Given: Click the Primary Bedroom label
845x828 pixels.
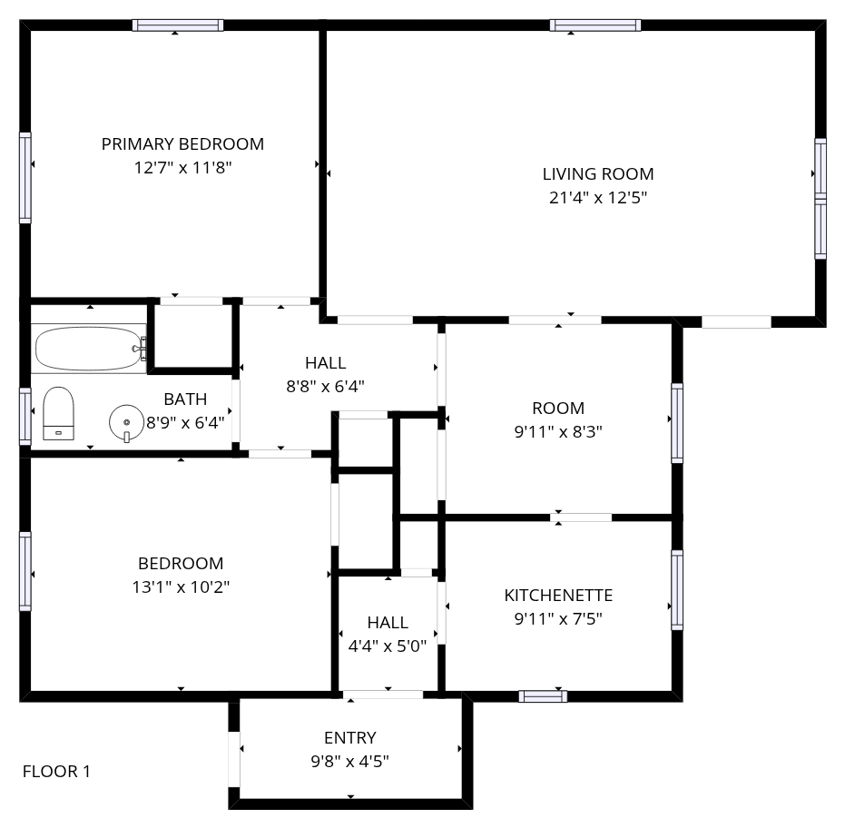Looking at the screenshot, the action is [182, 144].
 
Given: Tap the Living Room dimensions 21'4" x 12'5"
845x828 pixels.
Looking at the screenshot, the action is [597, 198].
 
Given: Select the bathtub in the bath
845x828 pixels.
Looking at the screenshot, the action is [90, 349].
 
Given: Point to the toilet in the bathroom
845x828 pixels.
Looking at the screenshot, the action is [58, 413].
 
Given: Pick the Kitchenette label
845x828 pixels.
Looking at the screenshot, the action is [558, 596].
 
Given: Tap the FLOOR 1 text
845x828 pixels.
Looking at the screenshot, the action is [56, 772].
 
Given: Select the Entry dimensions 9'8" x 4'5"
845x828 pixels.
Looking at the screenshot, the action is [349, 761].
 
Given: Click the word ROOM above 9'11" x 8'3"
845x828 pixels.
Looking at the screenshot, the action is [558, 408].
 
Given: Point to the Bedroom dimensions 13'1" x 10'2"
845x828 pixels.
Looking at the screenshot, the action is [182, 586].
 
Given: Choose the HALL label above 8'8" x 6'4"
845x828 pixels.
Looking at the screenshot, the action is [326, 363].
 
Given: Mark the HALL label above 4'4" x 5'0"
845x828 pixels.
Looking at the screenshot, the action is [388, 623].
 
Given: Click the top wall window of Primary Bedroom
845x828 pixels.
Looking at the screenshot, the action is [178, 25].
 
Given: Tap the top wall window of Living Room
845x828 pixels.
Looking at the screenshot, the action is [595, 25].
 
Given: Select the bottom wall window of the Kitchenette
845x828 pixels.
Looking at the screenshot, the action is [543, 696].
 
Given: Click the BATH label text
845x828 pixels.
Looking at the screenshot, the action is [185, 399].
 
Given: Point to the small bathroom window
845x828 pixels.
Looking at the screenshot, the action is [25, 416].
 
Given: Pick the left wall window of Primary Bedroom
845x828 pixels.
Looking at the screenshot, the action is [25, 177].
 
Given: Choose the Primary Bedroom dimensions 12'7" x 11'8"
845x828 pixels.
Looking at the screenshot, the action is [182, 168].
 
